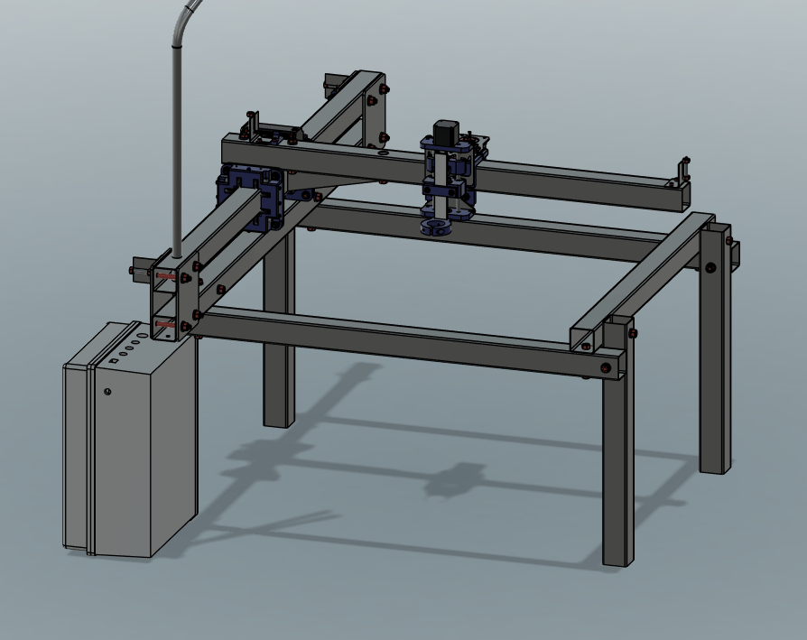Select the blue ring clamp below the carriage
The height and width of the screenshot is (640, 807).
438,225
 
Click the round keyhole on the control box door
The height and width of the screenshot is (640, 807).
107,392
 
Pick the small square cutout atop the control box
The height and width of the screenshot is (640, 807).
114,361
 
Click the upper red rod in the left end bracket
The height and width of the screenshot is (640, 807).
165,276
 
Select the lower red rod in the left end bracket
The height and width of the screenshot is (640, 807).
165,323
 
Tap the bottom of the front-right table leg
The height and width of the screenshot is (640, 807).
618,560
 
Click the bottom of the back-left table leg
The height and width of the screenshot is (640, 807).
278,421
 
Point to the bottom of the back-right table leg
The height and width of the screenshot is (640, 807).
715,468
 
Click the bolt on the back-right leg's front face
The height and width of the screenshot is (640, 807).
711,267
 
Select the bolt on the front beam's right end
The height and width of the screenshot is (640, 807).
604,367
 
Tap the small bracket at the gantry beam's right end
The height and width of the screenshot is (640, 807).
683,171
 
